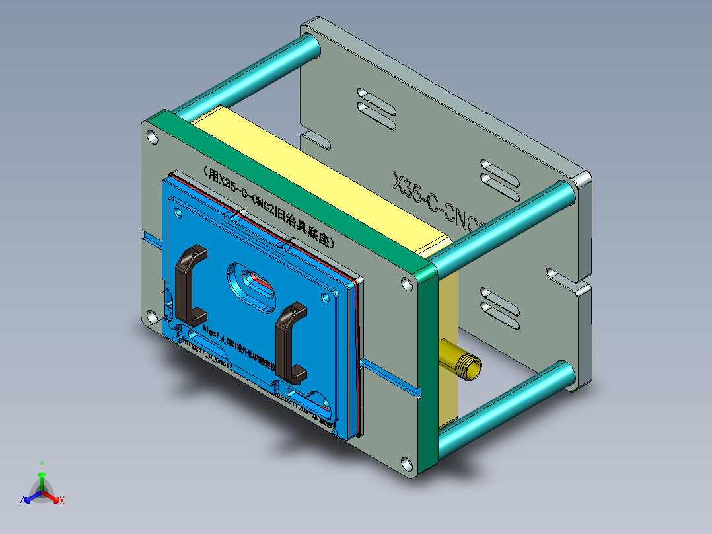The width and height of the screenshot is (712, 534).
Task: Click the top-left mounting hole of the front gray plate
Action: click(153, 137)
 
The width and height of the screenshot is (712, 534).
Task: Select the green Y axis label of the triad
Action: click(41, 465)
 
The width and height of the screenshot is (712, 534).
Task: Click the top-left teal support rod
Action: click(244, 76)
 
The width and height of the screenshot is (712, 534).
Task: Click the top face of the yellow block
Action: click(317, 165)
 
